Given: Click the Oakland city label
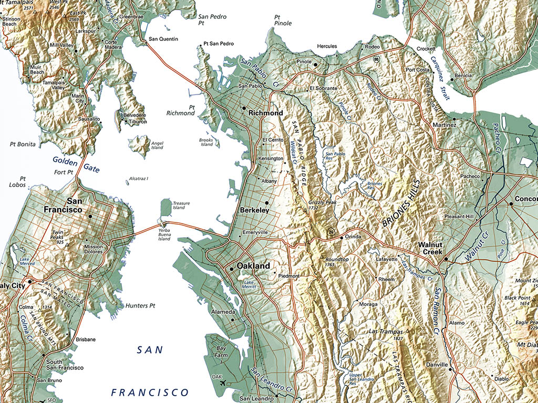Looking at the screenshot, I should [253, 266].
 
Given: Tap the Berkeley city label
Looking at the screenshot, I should [254, 210].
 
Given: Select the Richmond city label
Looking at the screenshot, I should [265, 113].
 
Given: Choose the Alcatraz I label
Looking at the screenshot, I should [138, 178].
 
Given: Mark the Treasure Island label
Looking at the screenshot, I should [181, 205].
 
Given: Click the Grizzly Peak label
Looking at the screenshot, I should [323, 205].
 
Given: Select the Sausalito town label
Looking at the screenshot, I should [89, 119].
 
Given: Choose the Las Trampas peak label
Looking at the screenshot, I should [386, 332].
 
